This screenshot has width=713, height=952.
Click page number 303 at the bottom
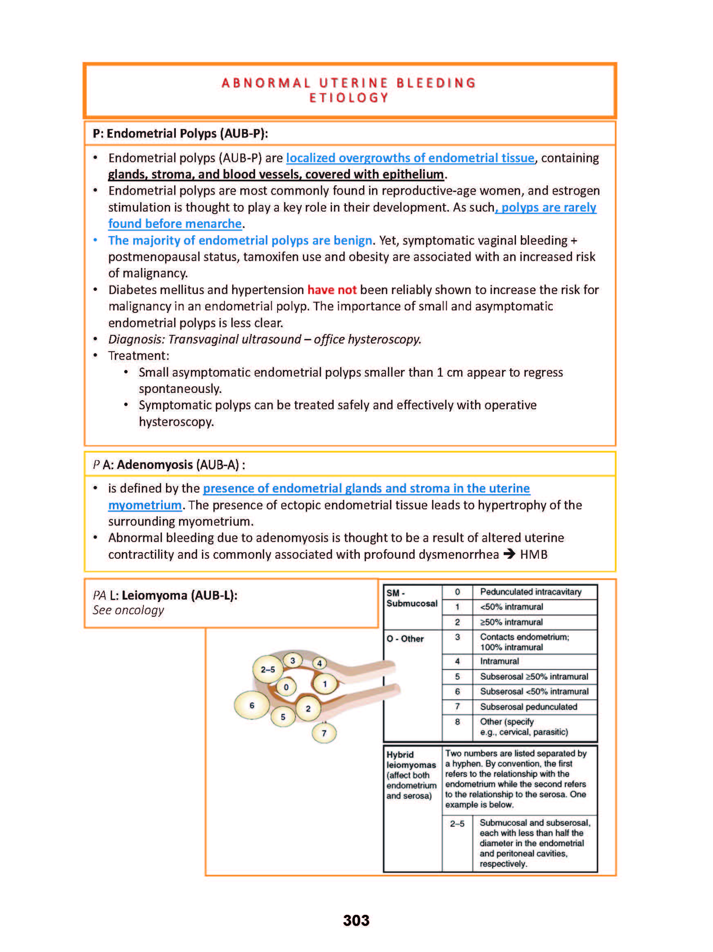(x=356, y=920)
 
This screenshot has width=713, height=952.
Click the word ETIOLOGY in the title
(x=349, y=98)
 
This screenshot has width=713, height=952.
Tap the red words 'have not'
(x=332, y=290)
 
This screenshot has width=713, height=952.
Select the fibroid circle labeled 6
(x=251, y=705)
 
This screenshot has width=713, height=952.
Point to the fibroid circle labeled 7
(x=324, y=733)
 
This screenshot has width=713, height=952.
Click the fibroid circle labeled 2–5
(x=267, y=669)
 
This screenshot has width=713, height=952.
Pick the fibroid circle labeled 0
(x=286, y=687)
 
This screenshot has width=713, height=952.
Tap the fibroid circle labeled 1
(x=325, y=683)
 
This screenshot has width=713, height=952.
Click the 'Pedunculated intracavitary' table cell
(x=530, y=592)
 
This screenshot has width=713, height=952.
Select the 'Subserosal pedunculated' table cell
(x=528, y=706)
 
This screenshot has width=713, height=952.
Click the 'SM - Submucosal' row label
(x=411, y=598)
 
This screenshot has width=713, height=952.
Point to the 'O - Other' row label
(x=405, y=639)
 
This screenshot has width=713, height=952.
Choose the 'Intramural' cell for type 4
(x=499, y=661)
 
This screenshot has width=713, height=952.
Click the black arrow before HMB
(x=509, y=554)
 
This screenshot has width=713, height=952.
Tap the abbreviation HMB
(x=534, y=554)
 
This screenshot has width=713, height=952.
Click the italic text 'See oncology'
(x=128, y=610)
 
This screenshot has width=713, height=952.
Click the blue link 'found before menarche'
(x=175, y=224)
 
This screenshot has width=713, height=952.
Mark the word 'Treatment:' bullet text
(x=139, y=355)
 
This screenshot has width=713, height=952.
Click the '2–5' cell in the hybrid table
(x=457, y=824)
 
